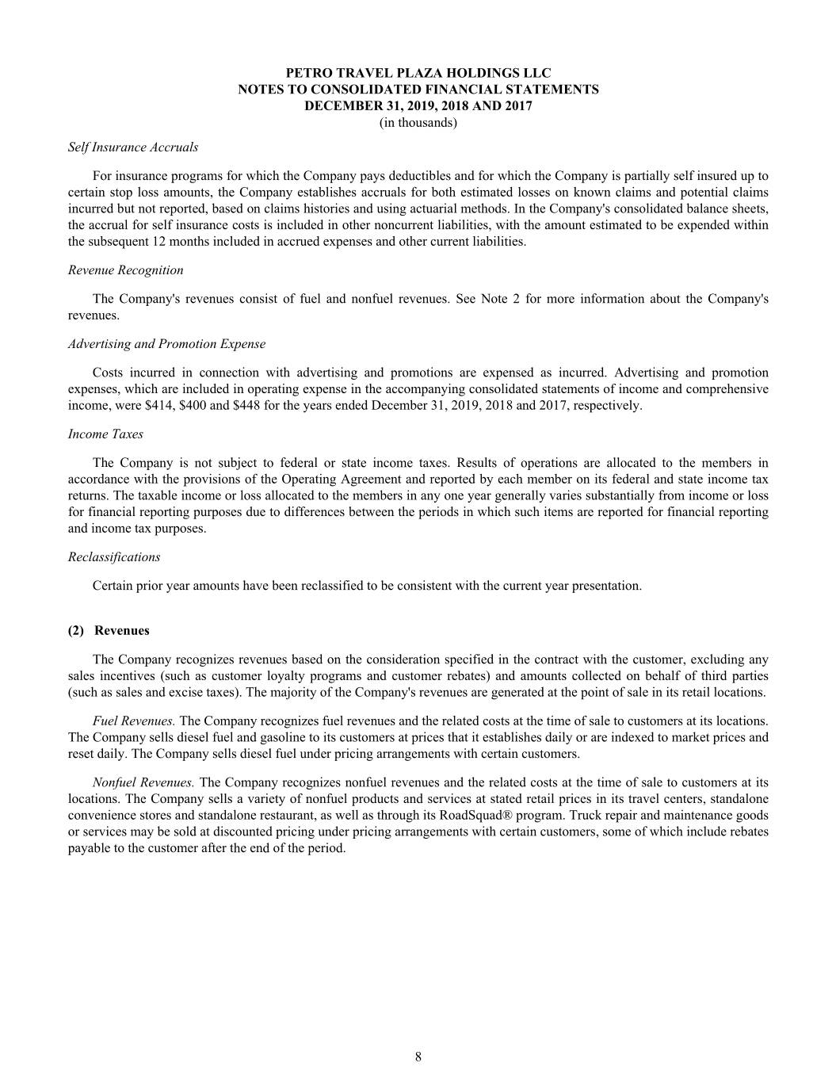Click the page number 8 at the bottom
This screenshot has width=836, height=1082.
418,1056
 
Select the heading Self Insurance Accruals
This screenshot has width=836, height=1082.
133,147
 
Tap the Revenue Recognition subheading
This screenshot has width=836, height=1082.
125,270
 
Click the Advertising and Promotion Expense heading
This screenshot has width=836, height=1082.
166,344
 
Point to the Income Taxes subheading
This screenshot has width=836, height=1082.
105,434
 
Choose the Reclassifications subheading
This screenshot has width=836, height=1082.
114,557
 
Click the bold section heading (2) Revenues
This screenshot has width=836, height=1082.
109,631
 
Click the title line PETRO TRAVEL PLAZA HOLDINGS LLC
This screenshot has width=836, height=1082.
418,74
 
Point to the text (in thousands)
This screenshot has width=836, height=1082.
418,123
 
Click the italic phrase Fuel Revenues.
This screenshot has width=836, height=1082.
133,721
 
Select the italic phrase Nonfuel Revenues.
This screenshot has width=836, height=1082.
143,782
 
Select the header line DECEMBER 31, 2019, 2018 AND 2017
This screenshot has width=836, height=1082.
418,106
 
